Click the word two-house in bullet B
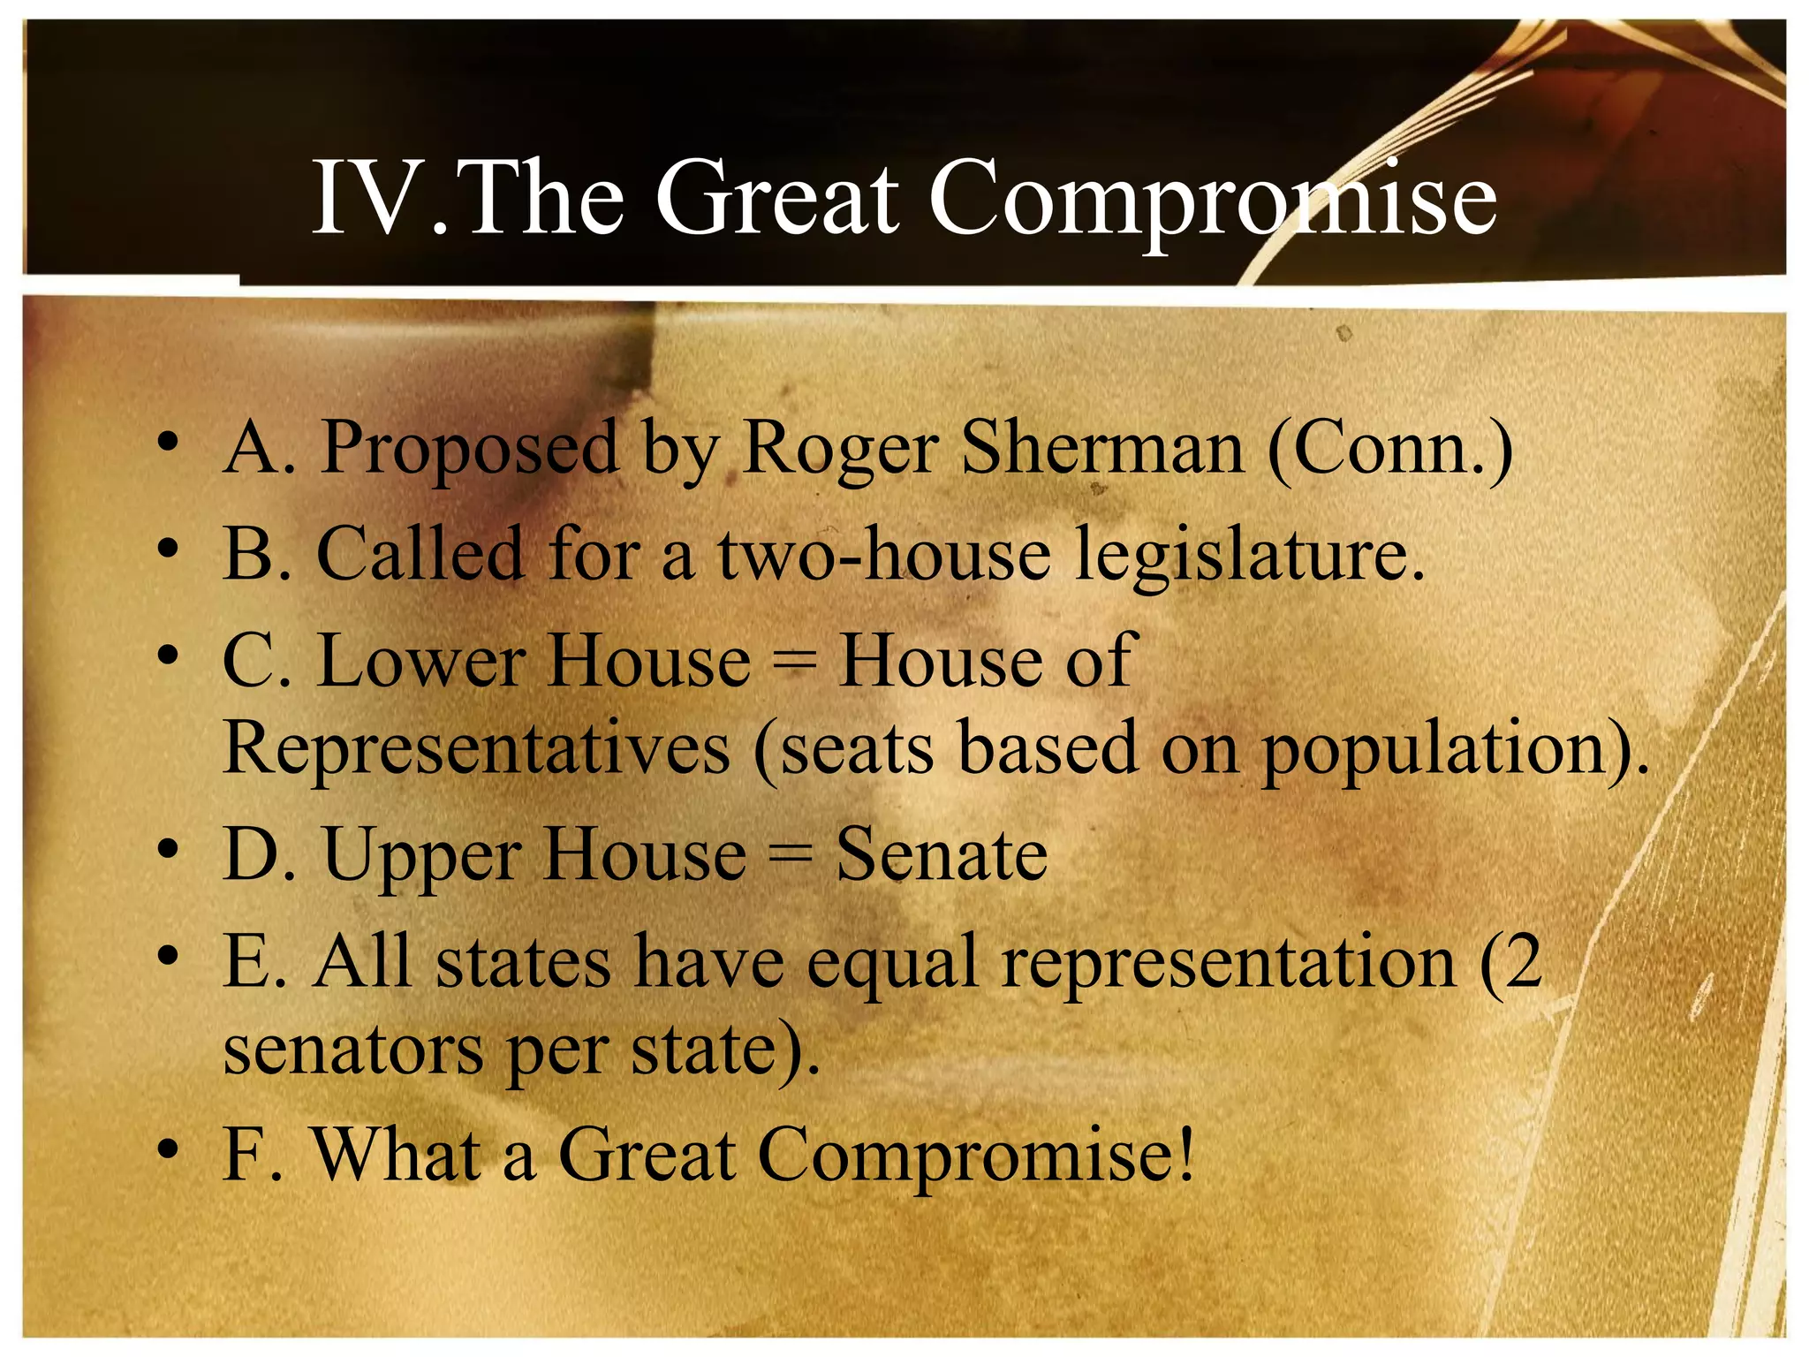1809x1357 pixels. click(884, 555)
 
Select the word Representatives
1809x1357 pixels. click(477, 749)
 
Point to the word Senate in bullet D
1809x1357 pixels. click(942, 854)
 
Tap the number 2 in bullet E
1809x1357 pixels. click(1522, 960)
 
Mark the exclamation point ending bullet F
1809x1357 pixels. click(1185, 1153)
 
